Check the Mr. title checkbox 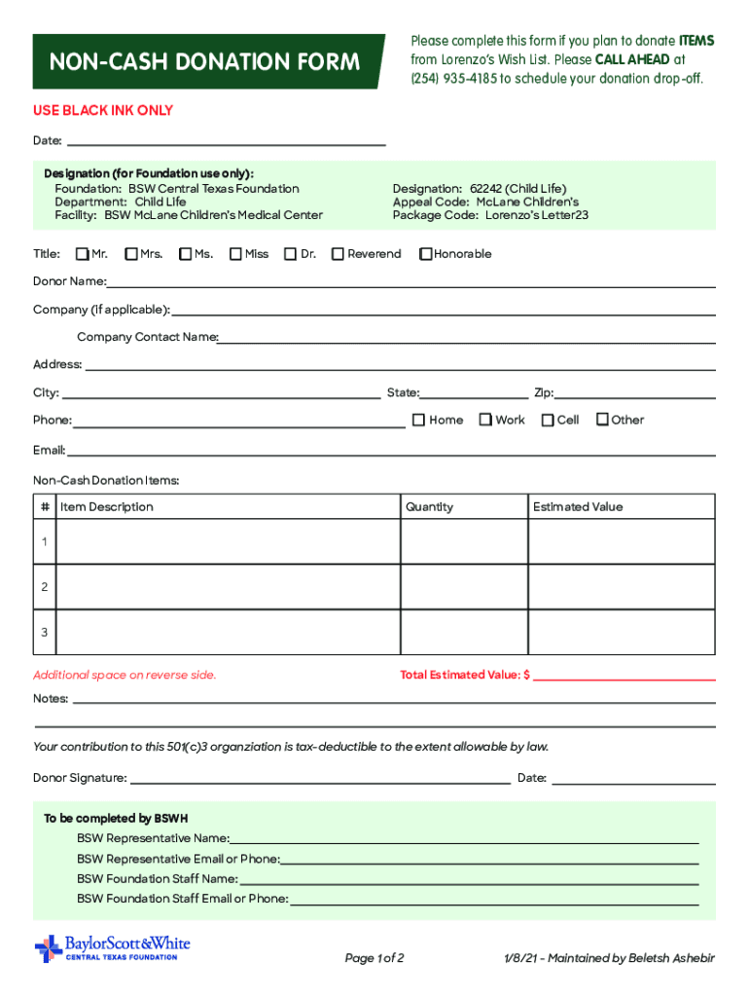pos(83,254)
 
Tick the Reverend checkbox pos(338,254)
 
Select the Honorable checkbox pos(425,254)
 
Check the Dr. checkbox pos(290,254)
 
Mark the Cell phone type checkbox pos(548,420)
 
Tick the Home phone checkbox pos(418,420)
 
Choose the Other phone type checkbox pos(602,420)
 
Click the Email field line pos(389,451)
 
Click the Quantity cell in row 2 pos(463,587)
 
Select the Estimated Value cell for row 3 pos(621,632)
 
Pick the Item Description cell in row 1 pos(228,541)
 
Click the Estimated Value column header pos(578,507)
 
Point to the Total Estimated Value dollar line pos(623,676)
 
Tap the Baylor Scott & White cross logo pos(48,948)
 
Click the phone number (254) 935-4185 pos(453,78)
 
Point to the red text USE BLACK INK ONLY pos(103,111)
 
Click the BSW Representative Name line pos(463,838)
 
